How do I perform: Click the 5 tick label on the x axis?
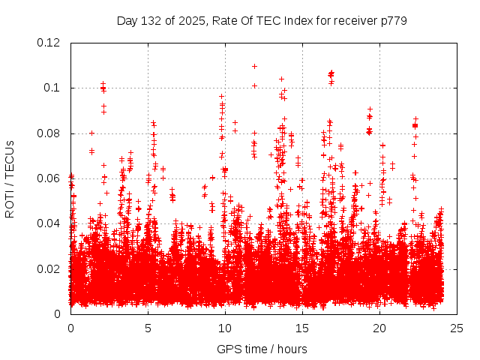148,328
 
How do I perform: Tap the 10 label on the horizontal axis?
225,328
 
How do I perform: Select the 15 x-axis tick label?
302,328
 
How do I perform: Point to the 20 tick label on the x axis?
379,328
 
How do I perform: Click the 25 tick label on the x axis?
457,328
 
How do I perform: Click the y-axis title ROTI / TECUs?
10,178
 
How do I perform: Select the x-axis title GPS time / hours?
262,349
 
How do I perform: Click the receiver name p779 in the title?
392,20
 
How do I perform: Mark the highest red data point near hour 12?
254,66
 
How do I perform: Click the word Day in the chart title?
127,20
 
